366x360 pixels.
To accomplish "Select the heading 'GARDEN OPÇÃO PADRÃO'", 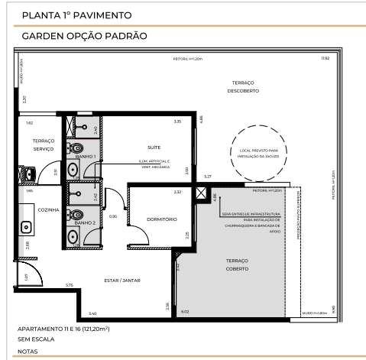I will click(84, 36).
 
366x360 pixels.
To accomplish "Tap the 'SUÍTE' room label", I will click(154, 147).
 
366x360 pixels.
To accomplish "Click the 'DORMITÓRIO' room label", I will click(162, 219).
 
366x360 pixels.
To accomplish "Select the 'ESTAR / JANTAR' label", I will click(122, 281).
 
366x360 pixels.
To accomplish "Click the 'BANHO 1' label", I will click(86, 156).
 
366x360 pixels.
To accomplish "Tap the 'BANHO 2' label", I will click(86, 222).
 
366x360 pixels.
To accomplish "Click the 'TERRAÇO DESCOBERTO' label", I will click(245, 86).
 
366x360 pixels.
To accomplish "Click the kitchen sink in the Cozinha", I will click(24, 227).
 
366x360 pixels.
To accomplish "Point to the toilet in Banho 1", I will click(77, 147).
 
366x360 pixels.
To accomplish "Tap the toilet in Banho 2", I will click(77, 214).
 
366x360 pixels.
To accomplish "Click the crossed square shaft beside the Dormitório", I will click(201, 193).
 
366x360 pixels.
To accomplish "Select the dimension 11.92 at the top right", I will click(326, 58).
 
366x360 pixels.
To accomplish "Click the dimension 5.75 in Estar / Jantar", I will click(69, 286).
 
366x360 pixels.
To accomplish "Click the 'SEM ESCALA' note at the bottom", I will click(34, 340).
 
